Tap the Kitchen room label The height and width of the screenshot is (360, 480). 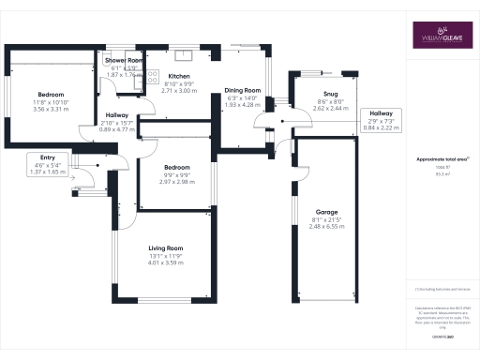[179, 76]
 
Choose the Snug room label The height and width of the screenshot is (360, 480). [330, 94]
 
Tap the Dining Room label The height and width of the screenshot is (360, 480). [242, 91]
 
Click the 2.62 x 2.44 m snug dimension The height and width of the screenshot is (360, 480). [330, 109]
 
